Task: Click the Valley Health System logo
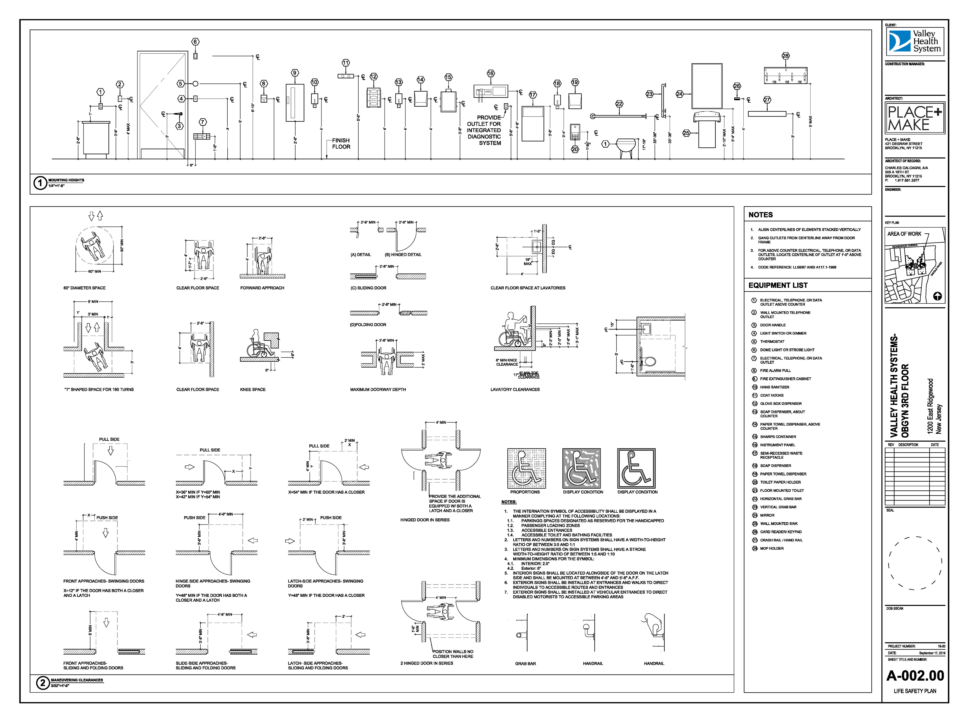tap(914, 42)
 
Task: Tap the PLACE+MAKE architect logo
tap(914, 118)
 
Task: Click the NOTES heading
tap(760, 215)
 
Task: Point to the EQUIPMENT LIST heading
tap(778, 285)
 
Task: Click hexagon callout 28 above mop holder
tap(786, 55)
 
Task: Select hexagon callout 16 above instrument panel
tap(491, 73)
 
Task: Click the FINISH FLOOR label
tap(341, 144)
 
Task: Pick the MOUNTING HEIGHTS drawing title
tap(66, 180)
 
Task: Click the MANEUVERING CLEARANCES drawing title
tap(77, 680)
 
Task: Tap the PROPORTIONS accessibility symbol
tap(527, 468)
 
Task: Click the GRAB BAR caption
tap(525, 663)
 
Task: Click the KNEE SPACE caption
tap(253, 390)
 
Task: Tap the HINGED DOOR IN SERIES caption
tap(424, 520)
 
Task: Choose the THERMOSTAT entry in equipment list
tap(772, 341)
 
